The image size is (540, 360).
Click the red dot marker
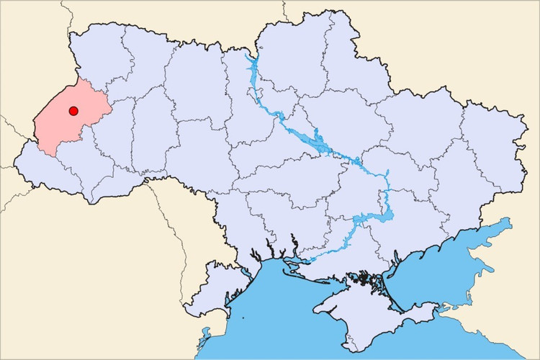(x=73, y=111)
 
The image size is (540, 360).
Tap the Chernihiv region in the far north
(x=288, y=50)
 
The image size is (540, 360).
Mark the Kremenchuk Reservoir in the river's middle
(x=317, y=144)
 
